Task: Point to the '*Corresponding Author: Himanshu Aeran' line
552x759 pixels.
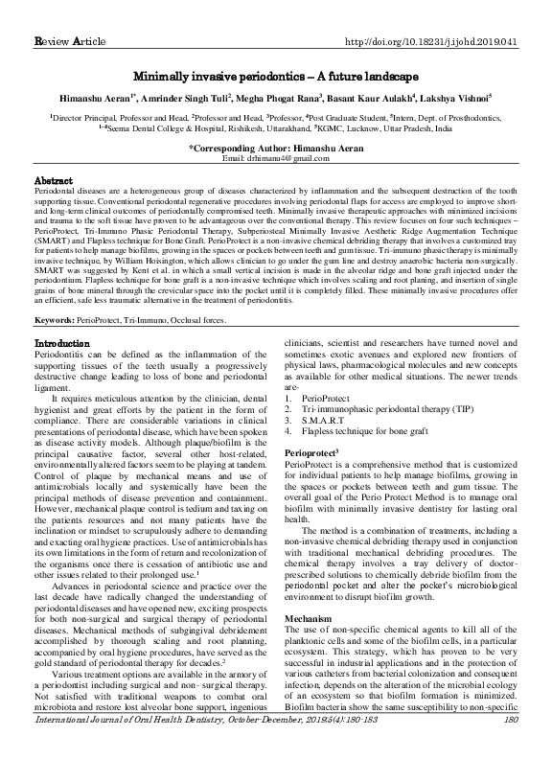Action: pos(276,148)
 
